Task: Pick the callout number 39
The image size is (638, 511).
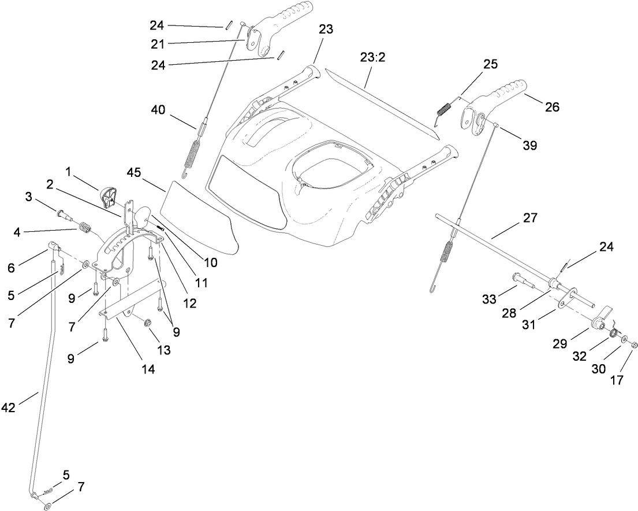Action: pos(529,146)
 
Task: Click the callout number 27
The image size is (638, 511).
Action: pos(529,219)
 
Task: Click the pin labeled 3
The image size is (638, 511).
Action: pos(65,216)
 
